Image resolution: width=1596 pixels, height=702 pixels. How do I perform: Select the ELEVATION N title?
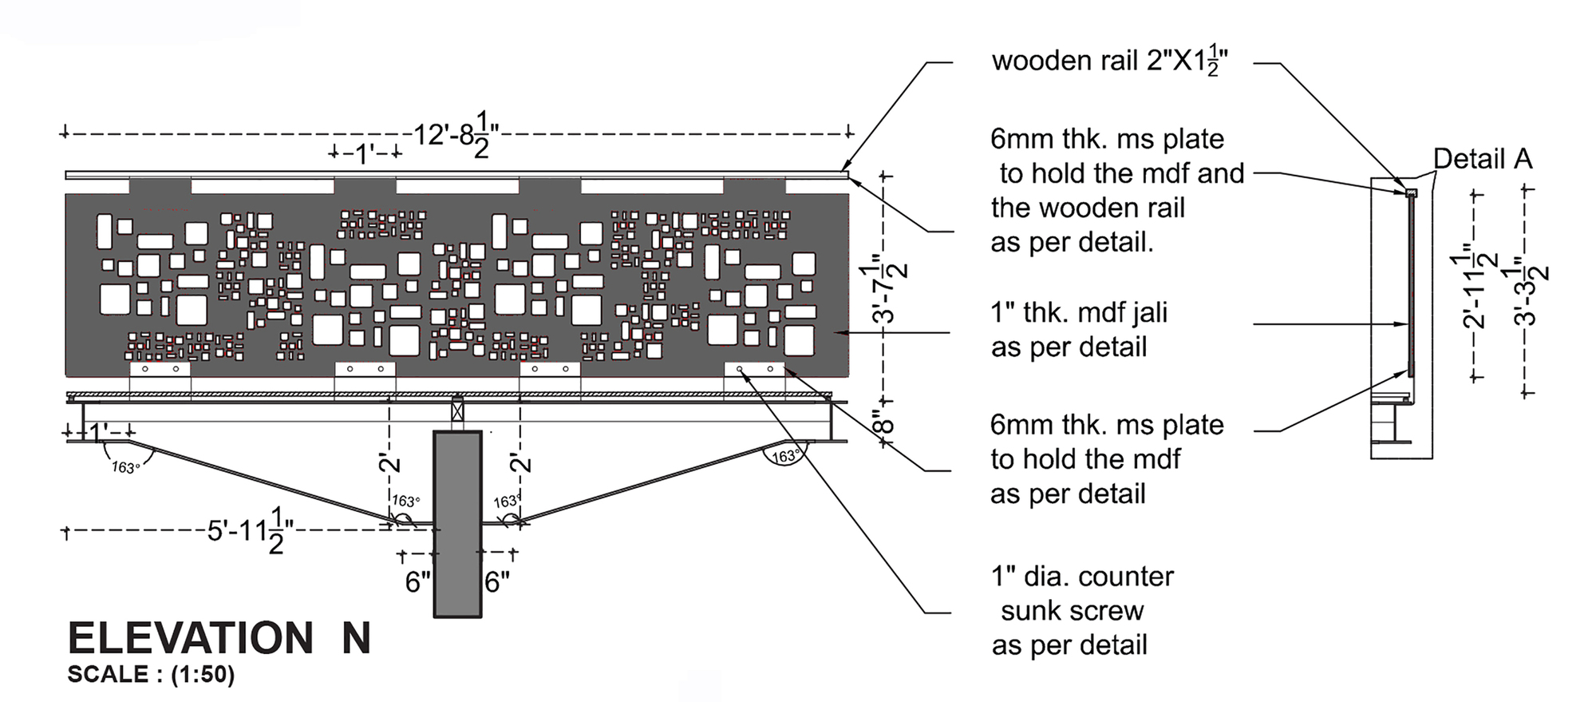(x=219, y=638)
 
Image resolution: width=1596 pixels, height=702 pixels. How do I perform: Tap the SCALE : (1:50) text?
(x=151, y=675)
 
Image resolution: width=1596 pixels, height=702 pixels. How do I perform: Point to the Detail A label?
(x=1482, y=159)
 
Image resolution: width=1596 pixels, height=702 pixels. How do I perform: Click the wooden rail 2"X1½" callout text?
(x=1109, y=61)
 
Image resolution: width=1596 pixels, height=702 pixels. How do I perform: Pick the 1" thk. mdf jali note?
(x=1078, y=330)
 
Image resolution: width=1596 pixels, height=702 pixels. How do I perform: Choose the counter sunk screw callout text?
(x=1081, y=611)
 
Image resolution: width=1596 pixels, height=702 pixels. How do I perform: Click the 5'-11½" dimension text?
(x=250, y=530)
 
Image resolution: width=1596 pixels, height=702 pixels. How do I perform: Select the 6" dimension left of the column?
(x=417, y=582)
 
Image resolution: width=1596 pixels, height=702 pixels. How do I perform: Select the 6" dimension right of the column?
(x=496, y=582)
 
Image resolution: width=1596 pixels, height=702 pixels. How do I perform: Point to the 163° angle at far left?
(x=125, y=467)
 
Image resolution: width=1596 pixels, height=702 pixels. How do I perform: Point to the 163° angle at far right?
(x=785, y=456)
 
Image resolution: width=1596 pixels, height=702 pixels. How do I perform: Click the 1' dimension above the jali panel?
(x=365, y=153)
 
